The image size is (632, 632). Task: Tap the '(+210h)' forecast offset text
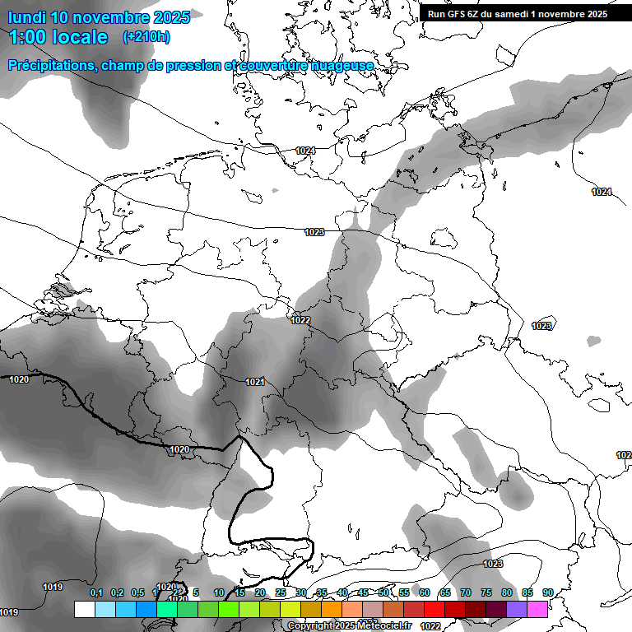click(x=146, y=37)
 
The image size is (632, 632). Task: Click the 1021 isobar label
click(x=254, y=382)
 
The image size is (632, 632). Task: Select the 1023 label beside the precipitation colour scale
click(x=493, y=564)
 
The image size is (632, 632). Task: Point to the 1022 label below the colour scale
click(x=430, y=626)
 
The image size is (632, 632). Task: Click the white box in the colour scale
click(x=84, y=609)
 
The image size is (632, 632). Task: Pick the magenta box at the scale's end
click(x=537, y=609)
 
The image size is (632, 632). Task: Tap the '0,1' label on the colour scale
click(x=95, y=593)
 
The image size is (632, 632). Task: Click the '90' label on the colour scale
click(x=548, y=593)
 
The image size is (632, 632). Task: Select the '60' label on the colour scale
click(x=425, y=593)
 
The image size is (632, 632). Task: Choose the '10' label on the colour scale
click(x=219, y=593)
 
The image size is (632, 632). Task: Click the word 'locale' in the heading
click(x=82, y=37)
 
